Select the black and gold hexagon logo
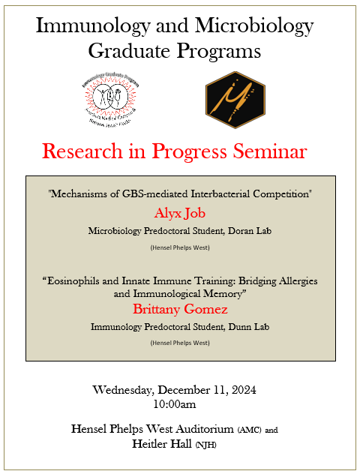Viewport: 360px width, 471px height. pos(235,96)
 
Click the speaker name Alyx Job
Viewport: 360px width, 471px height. pos(180,213)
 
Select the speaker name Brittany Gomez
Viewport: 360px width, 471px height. pos(180,308)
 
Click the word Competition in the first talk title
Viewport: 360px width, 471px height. pos(280,194)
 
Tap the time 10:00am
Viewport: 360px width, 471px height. pos(175,404)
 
